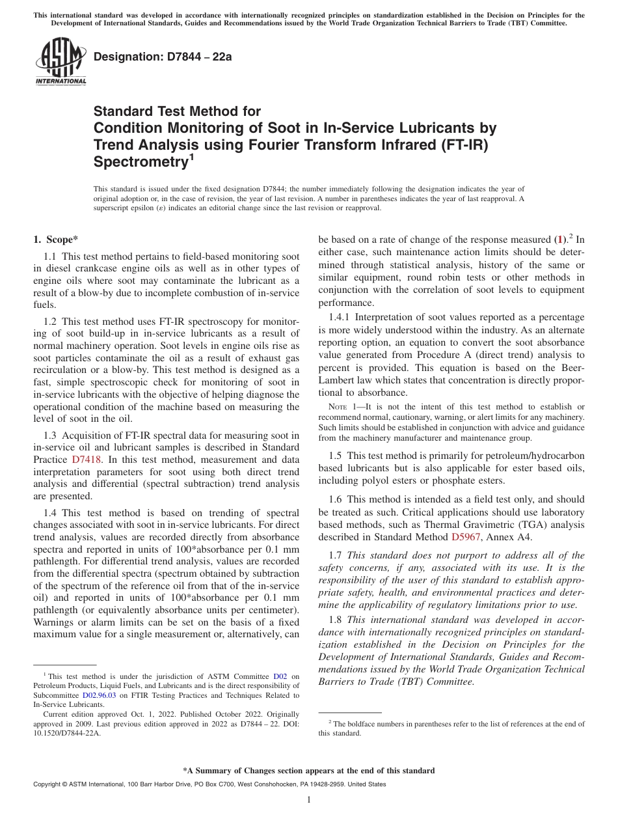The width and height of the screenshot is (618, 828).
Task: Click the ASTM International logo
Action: (60, 61)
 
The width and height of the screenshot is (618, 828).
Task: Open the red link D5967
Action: (464, 537)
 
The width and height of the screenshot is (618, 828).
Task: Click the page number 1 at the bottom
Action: (309, 800)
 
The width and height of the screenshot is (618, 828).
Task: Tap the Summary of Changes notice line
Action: (309, 771)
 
